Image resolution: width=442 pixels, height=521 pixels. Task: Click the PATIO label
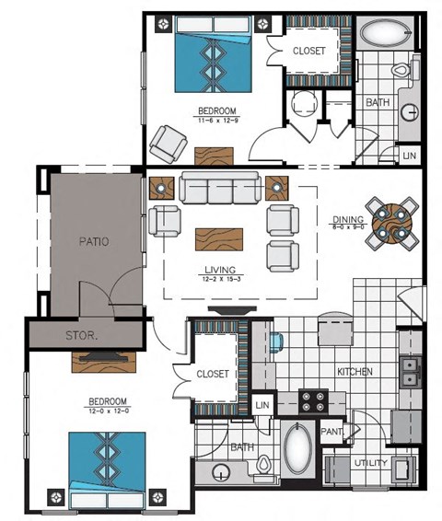coord(93,242)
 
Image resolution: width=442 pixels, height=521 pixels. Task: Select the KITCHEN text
coord(355,371)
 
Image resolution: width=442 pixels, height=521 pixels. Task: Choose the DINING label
coord(346,219)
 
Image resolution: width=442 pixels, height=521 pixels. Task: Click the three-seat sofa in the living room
coord(219,188)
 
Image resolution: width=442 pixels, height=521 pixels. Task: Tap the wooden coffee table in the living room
coord(220,239)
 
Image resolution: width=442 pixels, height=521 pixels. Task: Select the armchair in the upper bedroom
coord(170,142)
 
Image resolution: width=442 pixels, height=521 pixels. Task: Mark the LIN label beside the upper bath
coord(409,156)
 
